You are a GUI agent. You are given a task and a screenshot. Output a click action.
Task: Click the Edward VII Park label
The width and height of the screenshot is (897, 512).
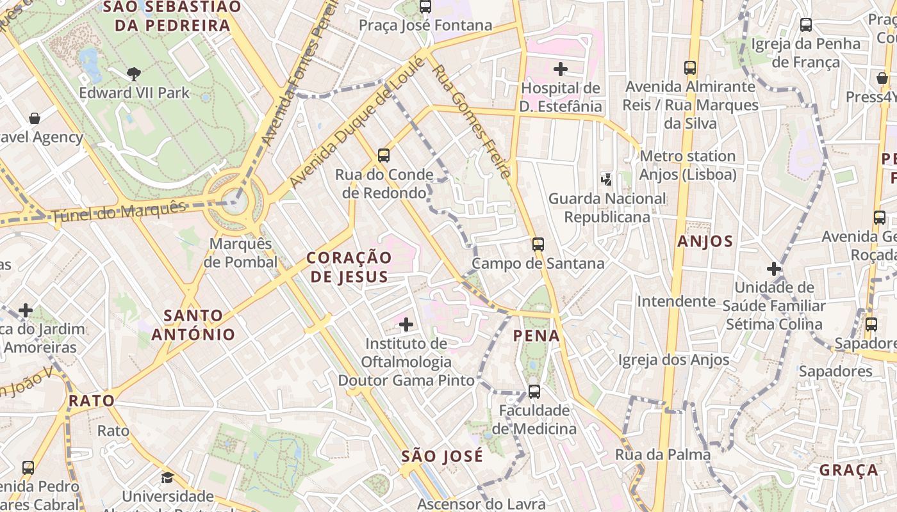[x=135, y=93]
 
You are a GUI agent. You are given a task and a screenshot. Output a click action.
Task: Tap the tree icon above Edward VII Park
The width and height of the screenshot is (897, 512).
[x=134, y=74]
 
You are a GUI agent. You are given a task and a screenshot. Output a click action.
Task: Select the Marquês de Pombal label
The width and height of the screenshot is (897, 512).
[x=243, y=253]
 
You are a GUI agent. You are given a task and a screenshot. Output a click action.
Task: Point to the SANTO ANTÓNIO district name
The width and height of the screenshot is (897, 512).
[x=193, y=324]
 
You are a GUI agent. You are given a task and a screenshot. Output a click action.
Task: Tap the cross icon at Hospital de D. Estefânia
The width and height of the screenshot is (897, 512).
[x=561, y=68]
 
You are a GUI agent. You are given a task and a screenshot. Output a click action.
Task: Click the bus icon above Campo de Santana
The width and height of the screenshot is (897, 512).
[x=538, y=244]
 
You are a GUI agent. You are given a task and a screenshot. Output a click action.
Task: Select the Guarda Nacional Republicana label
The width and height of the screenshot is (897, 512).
[x=607, y=207]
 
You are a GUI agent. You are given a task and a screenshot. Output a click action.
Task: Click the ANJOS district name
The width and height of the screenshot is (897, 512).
[x=705, y=241]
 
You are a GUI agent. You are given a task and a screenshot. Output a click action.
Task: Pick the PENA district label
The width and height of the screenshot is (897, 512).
[x=536, y=335]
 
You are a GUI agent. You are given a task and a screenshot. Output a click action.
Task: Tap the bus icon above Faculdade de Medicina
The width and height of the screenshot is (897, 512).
[x=534, y=391]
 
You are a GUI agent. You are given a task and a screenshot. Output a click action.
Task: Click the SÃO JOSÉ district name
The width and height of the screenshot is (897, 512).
[x=442, y=456]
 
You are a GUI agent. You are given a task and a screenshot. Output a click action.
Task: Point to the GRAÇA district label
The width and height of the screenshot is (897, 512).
[x=849, y=470]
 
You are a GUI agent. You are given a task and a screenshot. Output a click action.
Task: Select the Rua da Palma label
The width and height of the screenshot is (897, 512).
[x=662, y=454]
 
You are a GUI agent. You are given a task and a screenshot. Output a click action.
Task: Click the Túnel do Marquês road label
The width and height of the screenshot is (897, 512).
[x=118, y=212]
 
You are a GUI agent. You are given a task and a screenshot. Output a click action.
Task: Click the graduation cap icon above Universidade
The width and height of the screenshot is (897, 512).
[x=167, y=477]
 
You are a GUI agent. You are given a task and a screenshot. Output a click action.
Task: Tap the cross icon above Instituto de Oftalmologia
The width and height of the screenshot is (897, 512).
[x=406, y=324]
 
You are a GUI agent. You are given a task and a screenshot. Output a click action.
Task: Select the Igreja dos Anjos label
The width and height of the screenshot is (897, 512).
[x=673, y=360]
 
